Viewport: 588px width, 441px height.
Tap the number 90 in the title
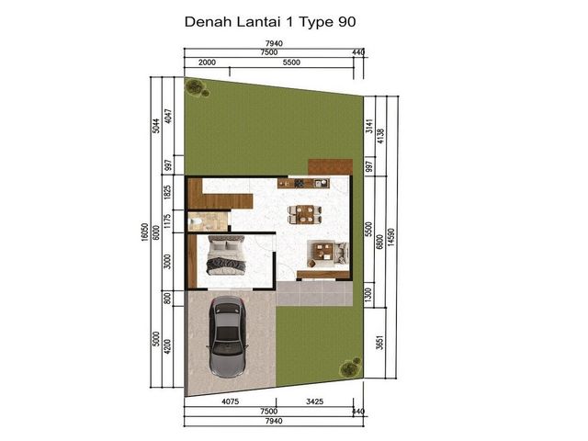click(347, 22)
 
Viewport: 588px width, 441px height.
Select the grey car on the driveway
click(227, 336)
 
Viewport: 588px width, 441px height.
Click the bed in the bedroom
click(226, 255)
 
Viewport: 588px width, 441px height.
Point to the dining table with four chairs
click(304, 214)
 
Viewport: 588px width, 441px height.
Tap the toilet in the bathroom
click(196, 222)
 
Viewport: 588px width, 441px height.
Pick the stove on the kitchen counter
click(300, 184)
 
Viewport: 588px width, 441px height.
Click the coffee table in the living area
click(323, 251)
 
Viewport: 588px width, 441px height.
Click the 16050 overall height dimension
click(145, 232)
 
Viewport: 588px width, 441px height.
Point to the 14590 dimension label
click(390, 237)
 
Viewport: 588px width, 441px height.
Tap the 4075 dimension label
click(231, 401)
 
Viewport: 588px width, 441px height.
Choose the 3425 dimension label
click(314, 401)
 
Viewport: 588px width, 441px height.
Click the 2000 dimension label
click(207, 62)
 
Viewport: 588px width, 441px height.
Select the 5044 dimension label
click(156, 126)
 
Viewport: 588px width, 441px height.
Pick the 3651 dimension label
click(379, 343)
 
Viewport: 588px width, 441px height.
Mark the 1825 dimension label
click(167, 192)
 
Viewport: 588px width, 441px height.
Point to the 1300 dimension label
click(367, 295)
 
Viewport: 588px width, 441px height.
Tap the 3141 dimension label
click(369, 126)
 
